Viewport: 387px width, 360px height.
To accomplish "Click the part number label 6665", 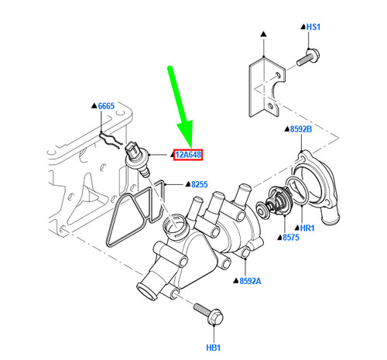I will click(x=107, y=105).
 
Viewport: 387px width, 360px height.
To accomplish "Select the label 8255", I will click(x=200, y=185).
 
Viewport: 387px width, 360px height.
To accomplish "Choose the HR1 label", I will click(x=307, y=229).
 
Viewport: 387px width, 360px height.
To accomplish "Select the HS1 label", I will click(x=313, y=27).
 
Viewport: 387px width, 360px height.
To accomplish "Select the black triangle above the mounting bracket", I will click(x=263, y=36).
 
